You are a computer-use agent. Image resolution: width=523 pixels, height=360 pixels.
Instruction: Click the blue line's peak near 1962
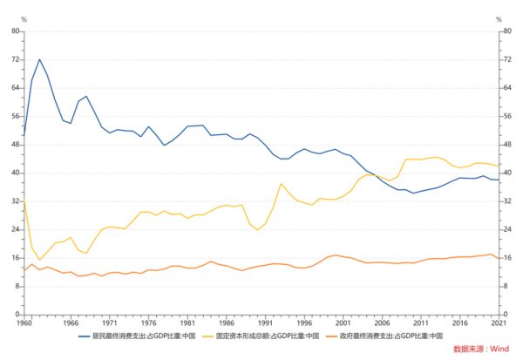click(x=39, y=59)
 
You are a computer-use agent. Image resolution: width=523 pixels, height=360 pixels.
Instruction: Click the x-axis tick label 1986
click(x=225, y=322)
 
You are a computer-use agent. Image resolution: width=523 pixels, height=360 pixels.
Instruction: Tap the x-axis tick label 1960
click(x=24, y=322)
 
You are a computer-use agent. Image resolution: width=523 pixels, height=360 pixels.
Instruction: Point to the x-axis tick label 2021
click(x=497, y=322)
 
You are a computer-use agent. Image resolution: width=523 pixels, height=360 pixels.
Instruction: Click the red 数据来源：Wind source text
click(x=480, y=349)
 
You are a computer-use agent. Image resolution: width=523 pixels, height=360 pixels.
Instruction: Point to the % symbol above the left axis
click(x=24, y=18)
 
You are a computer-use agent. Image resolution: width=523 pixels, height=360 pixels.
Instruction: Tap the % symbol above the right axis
click(x=499, y=18)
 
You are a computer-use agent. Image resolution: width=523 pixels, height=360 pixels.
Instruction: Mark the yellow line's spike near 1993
click(x=281, y=184)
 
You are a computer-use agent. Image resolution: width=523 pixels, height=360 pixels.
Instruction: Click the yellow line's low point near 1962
click(x=39, y=260)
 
